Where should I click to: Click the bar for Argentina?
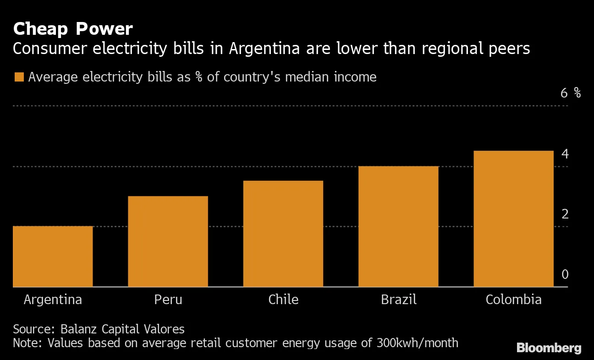point(53,256)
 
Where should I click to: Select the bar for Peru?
point(168,241)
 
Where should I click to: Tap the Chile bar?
point(283,234)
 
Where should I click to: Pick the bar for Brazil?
point(398,226)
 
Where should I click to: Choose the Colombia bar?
point(513,218)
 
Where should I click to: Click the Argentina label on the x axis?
point(53,300)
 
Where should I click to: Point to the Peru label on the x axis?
point(168,300)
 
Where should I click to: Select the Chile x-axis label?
point(283,300)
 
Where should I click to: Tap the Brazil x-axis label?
point(398,300)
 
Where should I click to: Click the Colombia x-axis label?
point(513,300)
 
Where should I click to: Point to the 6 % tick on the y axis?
point(570,93)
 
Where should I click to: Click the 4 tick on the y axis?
point(565,154)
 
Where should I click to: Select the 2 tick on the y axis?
point(565,214)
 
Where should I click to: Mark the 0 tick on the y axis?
point(565,274)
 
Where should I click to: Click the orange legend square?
point(19,77)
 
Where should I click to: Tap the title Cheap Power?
point(73,29)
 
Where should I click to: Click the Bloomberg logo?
point(549,348)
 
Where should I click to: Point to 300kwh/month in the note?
point(418,343)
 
